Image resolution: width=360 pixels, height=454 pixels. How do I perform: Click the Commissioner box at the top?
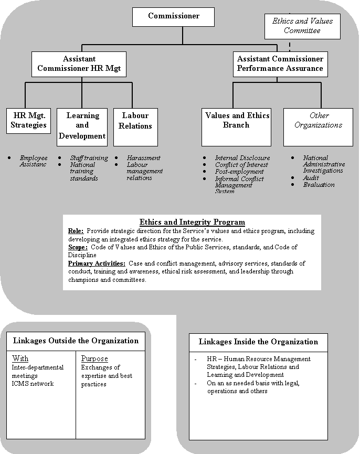pos(173,16)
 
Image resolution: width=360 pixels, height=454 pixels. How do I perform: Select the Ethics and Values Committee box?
pos(302,26)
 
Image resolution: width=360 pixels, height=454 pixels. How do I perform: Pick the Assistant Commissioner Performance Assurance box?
pos(280,64)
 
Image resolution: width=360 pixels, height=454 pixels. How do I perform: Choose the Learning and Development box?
pos(82,126)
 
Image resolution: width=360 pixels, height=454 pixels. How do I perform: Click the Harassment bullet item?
pos(143,158)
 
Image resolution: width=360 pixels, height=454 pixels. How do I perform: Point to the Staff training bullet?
pos(89,158)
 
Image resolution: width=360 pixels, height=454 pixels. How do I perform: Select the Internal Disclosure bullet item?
pos(242,158)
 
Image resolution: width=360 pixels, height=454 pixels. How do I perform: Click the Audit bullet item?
pos(311,178)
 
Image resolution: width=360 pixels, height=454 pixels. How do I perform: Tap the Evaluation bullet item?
pos(319,185)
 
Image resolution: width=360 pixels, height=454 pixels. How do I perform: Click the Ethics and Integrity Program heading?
pos(192,222)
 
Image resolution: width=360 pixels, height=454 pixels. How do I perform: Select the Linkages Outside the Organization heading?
pos(76,341)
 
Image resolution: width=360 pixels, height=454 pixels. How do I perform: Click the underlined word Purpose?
pos(94,359)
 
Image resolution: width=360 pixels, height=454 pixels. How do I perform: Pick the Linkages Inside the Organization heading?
pos(258,342)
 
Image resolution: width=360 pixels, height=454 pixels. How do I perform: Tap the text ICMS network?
pos(33,384)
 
